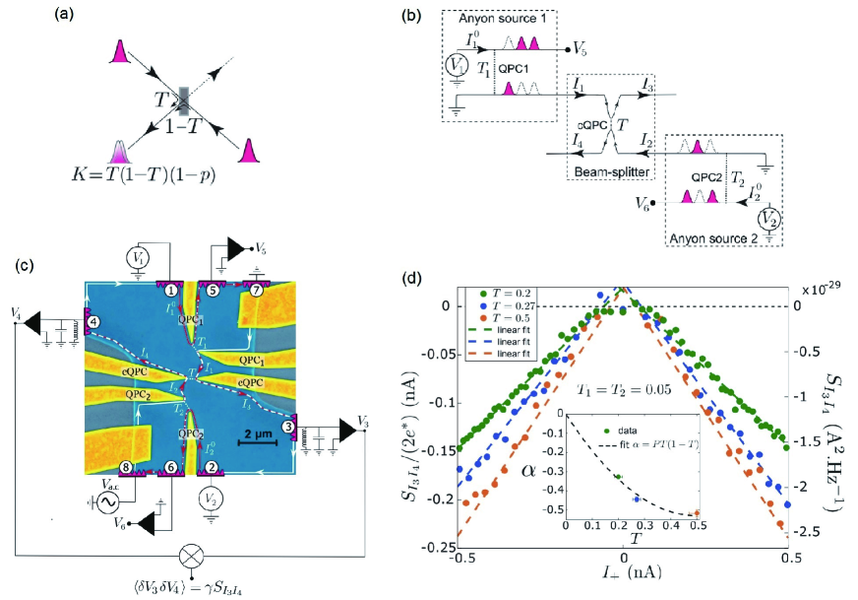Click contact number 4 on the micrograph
click(92, 322)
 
